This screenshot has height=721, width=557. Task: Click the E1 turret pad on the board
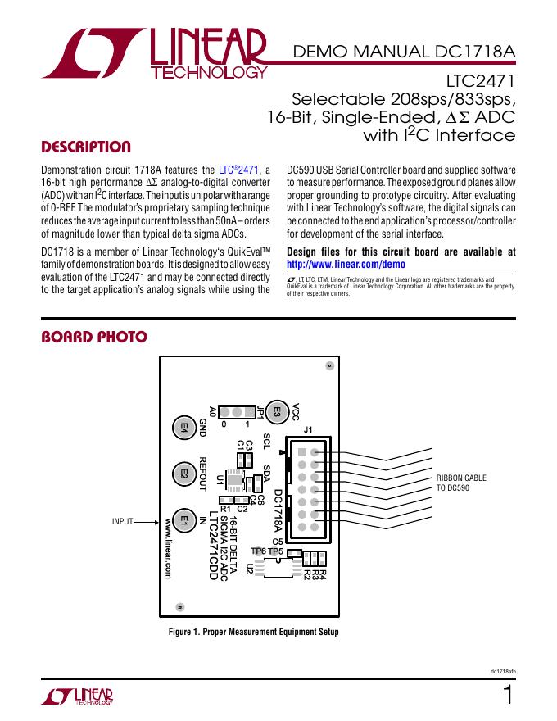(184, 519)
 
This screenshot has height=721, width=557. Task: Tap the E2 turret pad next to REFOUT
(184, 474)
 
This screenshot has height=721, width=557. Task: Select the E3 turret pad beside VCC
(277, 413)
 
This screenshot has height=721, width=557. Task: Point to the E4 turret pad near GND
(184, 427)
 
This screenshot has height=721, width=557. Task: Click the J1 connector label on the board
(309, 430)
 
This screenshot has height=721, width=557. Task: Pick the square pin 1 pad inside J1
(302, 453)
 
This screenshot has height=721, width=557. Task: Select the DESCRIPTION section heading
(86, 147)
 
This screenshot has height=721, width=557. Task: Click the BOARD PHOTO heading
(93, 337)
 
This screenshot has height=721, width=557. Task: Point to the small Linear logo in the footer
(77, 696)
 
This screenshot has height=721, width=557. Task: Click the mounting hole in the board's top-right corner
(329, 366)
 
